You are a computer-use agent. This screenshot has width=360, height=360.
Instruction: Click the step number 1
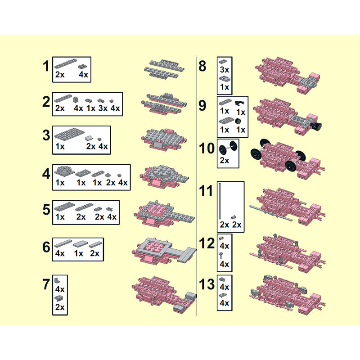(x=46, y=66)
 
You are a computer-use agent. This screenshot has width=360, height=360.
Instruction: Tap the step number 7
(x=46, y=284)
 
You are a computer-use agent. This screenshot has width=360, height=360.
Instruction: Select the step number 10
(x=207, y=148)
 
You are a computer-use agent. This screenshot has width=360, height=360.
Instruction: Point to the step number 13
(x=207, y=284)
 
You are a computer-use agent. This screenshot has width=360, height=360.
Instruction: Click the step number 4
(x=46, y=174)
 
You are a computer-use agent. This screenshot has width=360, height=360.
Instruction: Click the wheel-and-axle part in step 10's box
(x=228, y=148)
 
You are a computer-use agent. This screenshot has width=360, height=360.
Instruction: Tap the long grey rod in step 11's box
(x=220, y=201)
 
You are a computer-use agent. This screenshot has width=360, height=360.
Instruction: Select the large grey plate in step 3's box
(x=69, y=134)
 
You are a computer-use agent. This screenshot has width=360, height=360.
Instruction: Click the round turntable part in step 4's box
(x=64, y=171)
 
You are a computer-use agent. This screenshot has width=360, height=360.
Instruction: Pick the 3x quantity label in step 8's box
(x=224, y=70)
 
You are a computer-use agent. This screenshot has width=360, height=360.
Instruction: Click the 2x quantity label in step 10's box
(x=224, y=160)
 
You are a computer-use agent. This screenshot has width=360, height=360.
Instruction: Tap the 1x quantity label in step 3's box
(x=60, y=146)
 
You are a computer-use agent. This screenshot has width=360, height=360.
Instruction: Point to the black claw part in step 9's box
(x=239, y=103)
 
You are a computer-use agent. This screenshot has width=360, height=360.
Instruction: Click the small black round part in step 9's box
(x=238, y=121)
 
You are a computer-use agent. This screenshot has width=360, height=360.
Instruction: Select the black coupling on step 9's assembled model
(x=316, y=126)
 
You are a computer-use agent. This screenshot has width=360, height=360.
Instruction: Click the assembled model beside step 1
(x=164, y=69)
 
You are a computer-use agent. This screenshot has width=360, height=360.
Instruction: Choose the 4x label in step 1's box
(x=83, y=75)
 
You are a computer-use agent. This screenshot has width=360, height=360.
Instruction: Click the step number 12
(x=207, y=243)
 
